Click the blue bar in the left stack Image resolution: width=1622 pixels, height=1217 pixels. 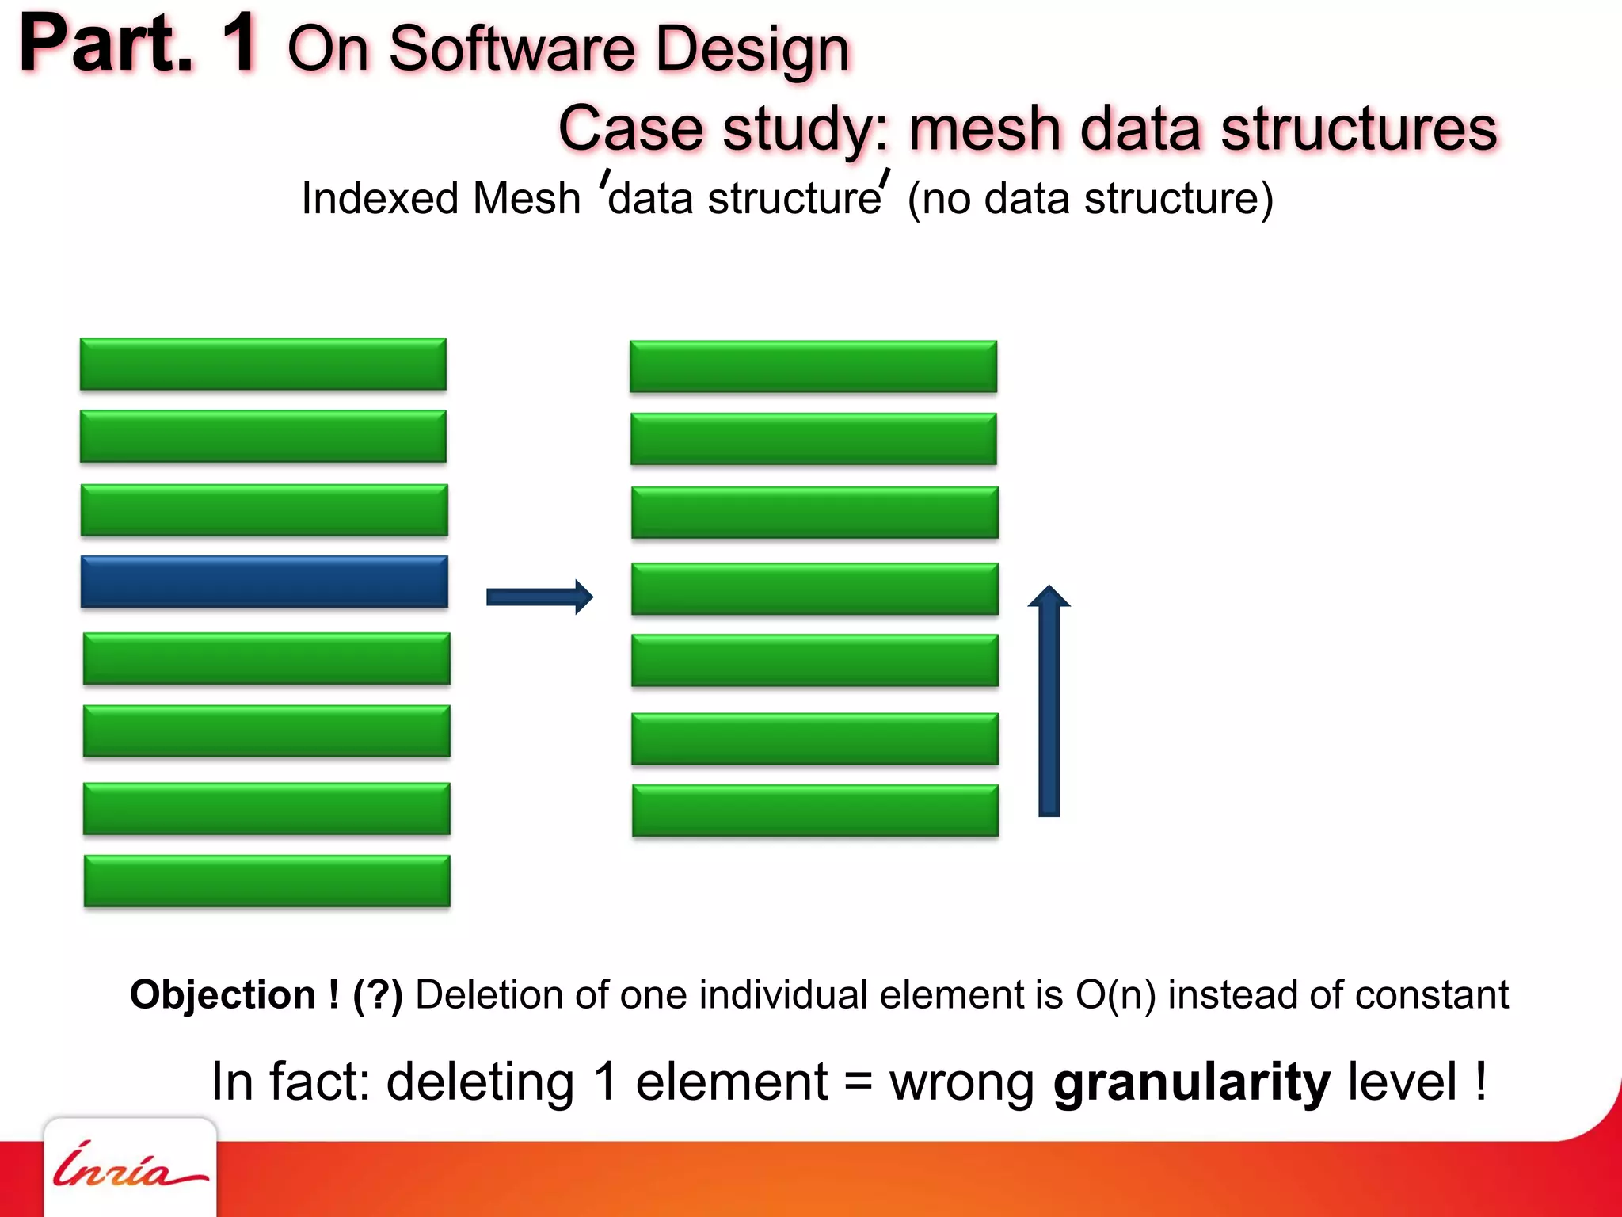[x=264, y=582]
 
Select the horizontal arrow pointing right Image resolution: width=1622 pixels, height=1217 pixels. [x=539, y=597]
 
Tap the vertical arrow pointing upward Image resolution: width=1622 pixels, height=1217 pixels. [x=1049, y=701]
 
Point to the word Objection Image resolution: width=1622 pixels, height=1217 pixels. [x=223, y=994]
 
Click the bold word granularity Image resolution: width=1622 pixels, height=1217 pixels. [x=1191, y=1082]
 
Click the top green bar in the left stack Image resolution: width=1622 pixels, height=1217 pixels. [x=263, y=364]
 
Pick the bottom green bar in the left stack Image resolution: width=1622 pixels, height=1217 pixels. [x=267, y=880]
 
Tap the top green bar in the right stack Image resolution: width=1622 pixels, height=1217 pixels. [x=813, y=367]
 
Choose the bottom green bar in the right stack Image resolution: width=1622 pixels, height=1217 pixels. [x=815, y=811]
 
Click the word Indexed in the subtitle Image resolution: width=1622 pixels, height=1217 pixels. [x=379, y=198]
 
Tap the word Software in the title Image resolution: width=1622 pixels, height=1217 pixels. [x=512, y=49]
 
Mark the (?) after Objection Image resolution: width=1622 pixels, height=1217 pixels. [x=378, y=994]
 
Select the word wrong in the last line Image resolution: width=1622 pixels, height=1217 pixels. [x=961, y=1082]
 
